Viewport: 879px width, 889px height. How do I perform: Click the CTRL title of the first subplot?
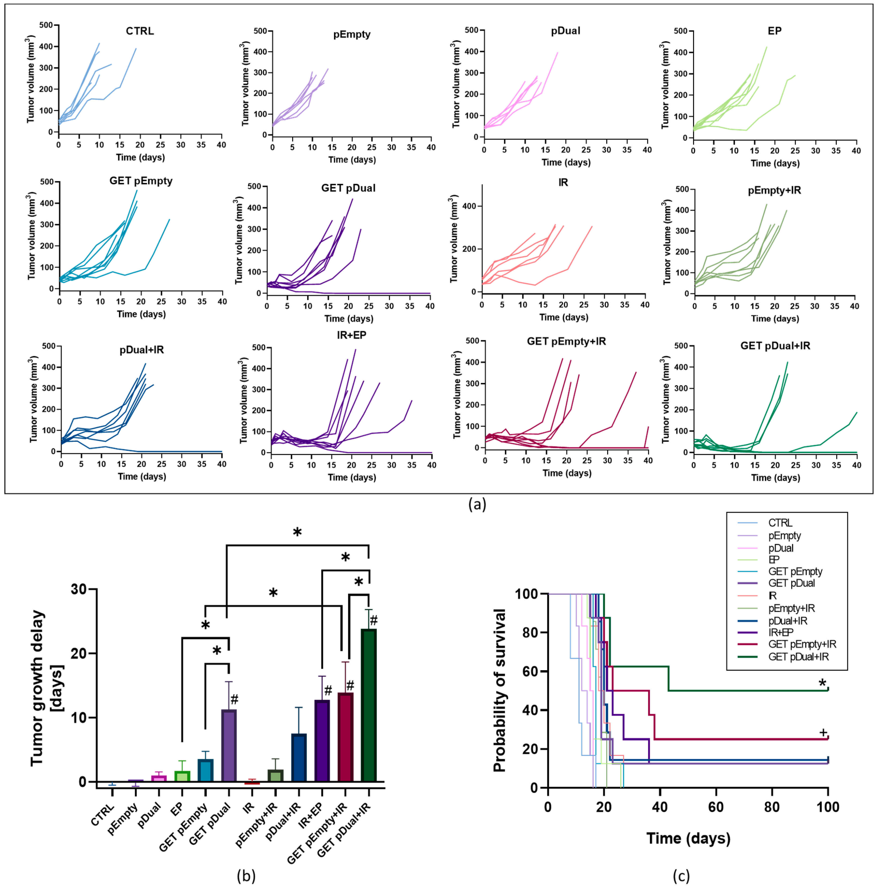click(140, 31)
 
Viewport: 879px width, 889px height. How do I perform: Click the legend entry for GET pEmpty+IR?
click(802, 644)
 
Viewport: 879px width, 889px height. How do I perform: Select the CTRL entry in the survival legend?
click(780, 523)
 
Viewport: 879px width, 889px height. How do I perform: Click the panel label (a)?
click(477, 505)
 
